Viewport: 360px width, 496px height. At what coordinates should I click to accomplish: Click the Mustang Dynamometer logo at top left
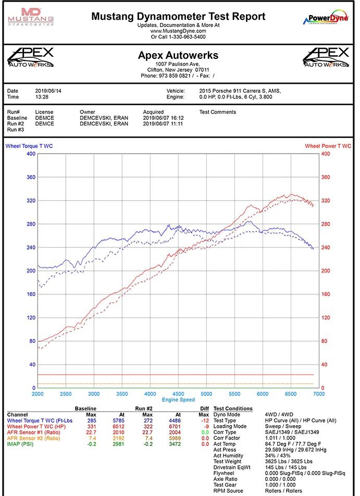tap(31, 17)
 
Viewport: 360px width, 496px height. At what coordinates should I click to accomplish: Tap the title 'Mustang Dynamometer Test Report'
tap(178, 16)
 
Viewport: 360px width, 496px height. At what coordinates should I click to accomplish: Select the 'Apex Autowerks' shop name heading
tap(178, 55)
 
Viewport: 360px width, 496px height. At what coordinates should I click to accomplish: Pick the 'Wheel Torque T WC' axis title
tap(29, 146)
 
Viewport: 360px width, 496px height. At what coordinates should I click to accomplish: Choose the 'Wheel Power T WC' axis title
tap(328, 146)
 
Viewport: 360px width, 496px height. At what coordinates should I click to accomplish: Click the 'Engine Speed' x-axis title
tap(178, 399)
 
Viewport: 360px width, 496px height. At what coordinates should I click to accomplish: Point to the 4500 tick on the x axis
tap(178, 394)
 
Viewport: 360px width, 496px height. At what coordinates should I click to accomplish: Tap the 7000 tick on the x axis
tap(318, 394)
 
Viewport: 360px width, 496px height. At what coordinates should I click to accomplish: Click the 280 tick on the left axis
tap(31, 224)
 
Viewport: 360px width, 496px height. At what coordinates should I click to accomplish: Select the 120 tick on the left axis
tap(31, 318)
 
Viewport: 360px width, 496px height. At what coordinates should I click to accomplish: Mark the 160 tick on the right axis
tap(326, 294)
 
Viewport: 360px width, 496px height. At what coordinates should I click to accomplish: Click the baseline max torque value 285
tap(92, 420)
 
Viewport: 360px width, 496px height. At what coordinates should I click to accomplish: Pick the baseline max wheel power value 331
tap(92, 426)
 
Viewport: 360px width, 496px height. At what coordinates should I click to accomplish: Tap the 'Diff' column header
tap(204, 408)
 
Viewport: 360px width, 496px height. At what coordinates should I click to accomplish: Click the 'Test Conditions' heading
tap(233, 408)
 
